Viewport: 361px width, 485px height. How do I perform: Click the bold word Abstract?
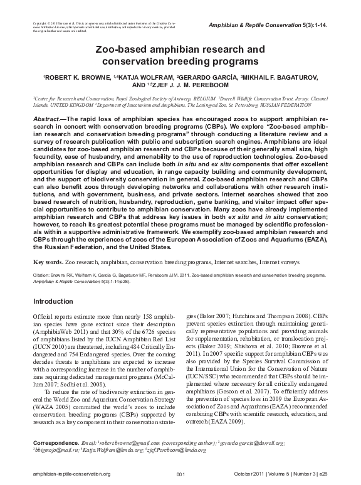[47, 118]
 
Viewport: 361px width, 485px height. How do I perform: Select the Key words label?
[47, 260]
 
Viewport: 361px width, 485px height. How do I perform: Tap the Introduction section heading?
[53, 301]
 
